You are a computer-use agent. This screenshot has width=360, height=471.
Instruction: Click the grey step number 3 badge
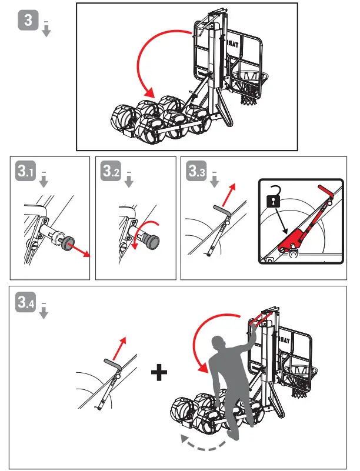tap(28, 21)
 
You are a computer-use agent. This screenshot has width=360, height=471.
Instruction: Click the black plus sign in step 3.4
tap(158, 374)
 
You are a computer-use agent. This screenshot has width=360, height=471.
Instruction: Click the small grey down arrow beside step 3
tap(46, 29)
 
